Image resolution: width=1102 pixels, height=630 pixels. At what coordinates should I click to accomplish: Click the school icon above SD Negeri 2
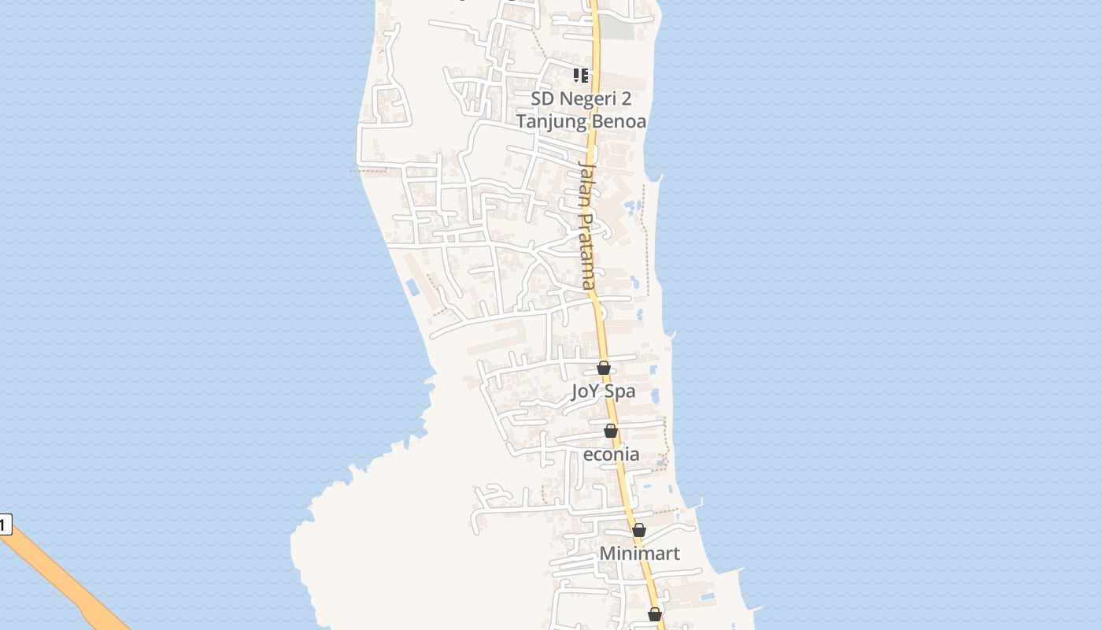point(581,76)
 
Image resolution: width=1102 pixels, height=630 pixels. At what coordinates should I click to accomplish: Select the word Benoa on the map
point(619,121)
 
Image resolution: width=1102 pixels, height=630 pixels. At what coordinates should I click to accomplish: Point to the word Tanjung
point(552,121)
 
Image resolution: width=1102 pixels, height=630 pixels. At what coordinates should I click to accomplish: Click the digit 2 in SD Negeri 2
point(626,98)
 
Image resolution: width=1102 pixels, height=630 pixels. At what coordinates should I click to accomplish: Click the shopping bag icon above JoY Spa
point(604,368)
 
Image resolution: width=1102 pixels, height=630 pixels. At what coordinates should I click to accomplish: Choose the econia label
point(611,454)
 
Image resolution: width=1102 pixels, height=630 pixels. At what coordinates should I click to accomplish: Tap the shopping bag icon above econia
point(611,431)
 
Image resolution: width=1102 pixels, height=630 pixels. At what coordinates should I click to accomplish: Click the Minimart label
point(639,554)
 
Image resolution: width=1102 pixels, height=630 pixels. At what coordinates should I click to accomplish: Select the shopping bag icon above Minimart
point(639,530)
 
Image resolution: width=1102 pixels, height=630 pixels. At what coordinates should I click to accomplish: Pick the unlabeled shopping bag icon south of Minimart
point(655,614)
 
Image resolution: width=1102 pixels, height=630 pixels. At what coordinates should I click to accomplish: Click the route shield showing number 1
point(5,524)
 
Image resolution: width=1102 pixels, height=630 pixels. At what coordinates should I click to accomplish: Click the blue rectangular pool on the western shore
point(412,287)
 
